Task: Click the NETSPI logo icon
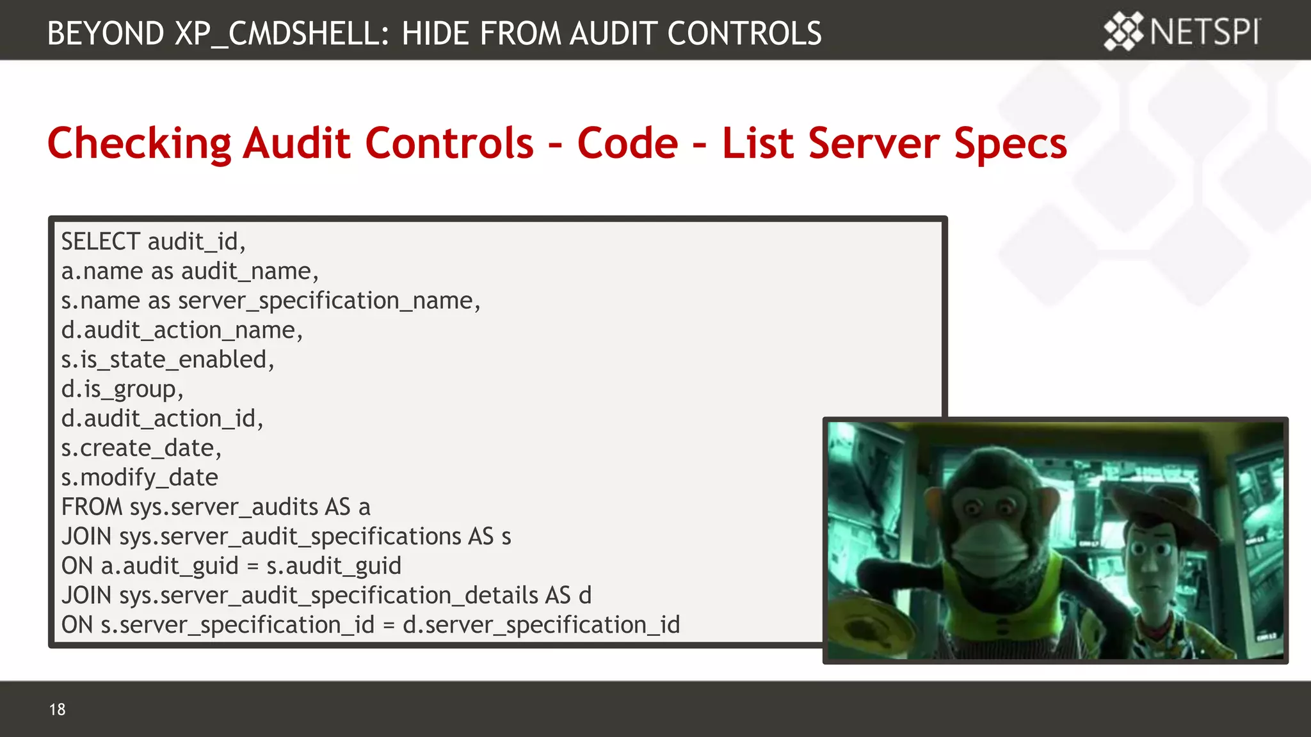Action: click(x=1123, y=31)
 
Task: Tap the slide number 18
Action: click(x=57, y=709)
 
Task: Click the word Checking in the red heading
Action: click(x=139, y=143)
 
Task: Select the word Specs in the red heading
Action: click(x=1011, y=143)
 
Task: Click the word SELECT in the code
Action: click(x=101, y=242)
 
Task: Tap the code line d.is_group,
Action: click(x=122, y=389)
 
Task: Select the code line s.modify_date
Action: click(x=140, y=477)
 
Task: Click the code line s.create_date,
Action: click(x=141, y=448)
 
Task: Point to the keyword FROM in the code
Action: click(x=92, y=507)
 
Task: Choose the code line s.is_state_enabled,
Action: click(x=168, y=360)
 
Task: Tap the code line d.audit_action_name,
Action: click(x=182, y=330)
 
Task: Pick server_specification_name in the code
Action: click(x=325, y=301)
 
